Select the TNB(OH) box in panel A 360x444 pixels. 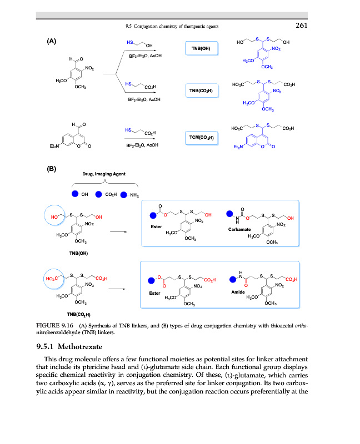(201, 49)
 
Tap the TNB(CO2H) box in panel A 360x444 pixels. (201, 90)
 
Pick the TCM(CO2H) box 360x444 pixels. (201, 137)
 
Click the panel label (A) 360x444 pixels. (51, 41)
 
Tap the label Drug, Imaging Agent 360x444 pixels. (104, 174)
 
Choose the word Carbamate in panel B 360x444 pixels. (239, 229)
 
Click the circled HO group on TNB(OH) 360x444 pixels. (56, 216)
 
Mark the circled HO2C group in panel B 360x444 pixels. (56, 278)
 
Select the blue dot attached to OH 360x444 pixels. (76, 194)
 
